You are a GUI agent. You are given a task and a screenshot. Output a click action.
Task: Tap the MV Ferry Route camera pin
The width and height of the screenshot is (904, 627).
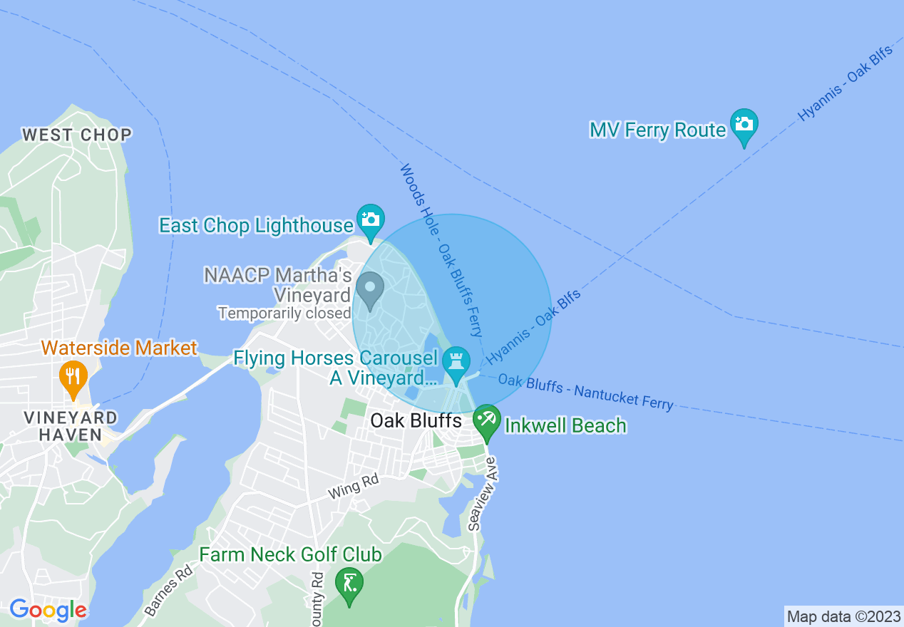click(x=744, y=125)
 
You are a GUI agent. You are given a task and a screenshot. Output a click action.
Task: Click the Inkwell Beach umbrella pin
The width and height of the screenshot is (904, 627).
click(x=487, y=420)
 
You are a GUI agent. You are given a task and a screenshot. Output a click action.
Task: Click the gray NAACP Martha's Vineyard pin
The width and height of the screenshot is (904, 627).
click(x=370, y=289)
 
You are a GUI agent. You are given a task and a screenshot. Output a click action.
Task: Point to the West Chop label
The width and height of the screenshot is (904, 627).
click(x=77, y=135)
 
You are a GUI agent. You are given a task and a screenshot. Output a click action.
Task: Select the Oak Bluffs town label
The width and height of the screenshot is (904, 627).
click(x=416, y=421)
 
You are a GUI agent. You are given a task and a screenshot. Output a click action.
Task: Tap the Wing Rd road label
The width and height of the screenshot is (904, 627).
click(x=354, y=487)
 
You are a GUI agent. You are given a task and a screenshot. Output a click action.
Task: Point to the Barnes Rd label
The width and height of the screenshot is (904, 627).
click(x=168, y=590)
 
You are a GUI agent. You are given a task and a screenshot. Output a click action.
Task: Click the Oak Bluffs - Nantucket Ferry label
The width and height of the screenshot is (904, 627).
click(x=585, y=392)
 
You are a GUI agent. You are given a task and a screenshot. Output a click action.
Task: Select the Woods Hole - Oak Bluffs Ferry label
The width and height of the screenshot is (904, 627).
click(x=441, y=250)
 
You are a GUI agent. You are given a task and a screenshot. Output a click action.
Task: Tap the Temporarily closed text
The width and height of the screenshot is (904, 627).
click(x=284, y=313)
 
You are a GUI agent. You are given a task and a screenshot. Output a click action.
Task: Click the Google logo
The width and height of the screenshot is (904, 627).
click(x=48, y=610)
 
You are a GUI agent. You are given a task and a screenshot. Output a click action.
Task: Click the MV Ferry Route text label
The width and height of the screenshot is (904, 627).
click(x=657, y=130)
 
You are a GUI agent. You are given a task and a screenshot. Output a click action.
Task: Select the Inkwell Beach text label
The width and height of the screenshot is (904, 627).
click(x=565, y=426)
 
